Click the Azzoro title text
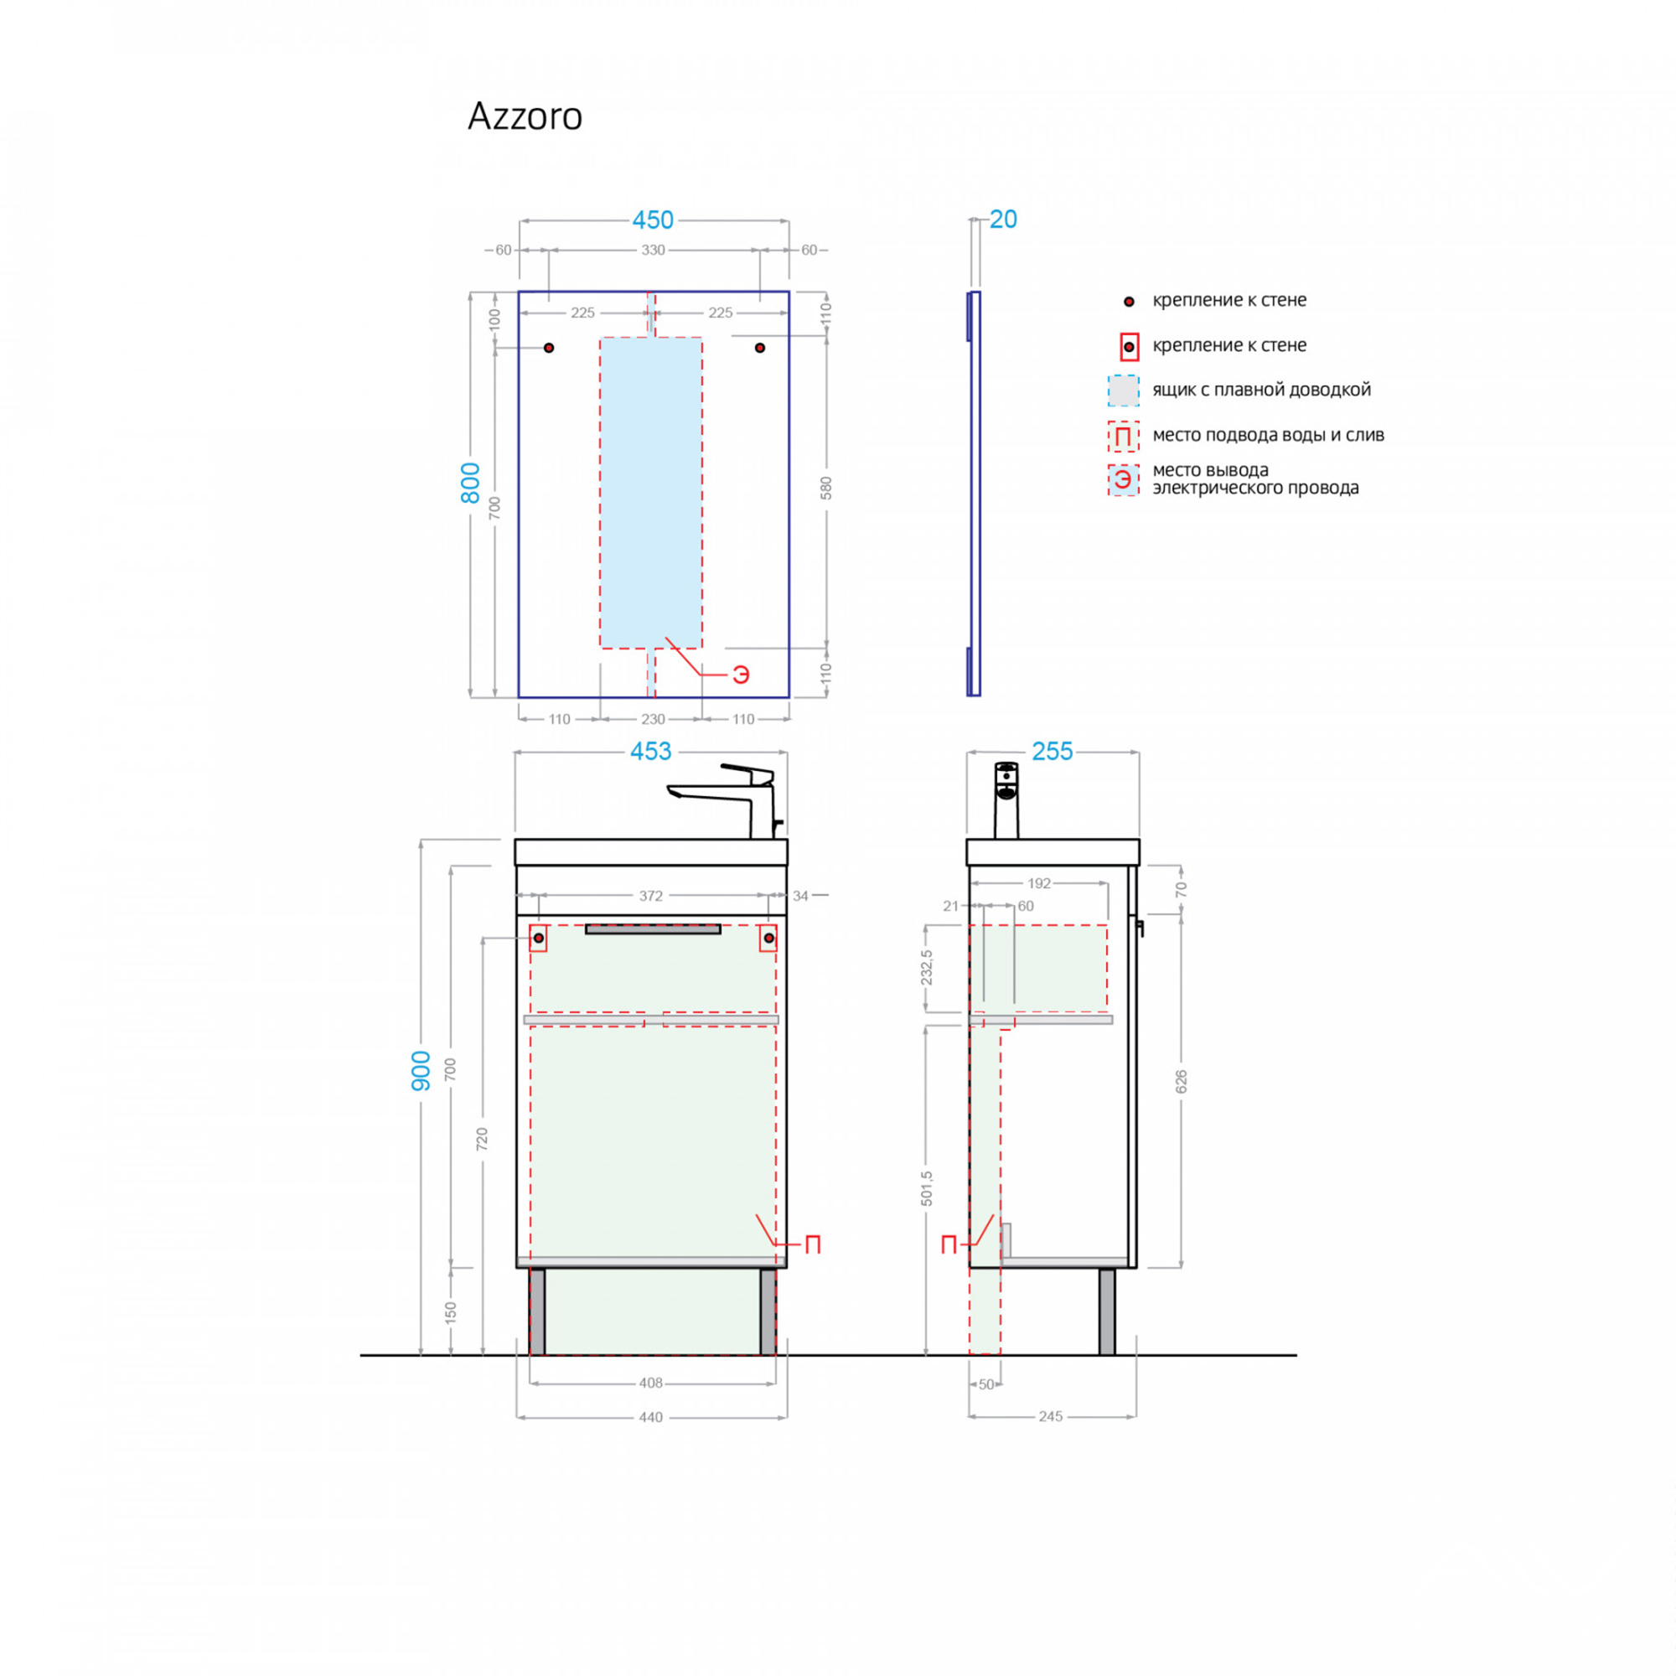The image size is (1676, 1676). coord(525,116)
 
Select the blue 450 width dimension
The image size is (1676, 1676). coord(652,220)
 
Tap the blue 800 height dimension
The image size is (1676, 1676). coord(470,484)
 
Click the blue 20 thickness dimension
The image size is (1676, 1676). coord(1003,220)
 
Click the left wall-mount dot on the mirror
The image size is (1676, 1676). coord(548,348)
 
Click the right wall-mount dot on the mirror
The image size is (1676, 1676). coord(760,348)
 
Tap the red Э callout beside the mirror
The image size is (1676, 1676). coord(740,675)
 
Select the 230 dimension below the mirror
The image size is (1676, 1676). coord(652,719)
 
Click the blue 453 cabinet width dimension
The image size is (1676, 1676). coord(650,751)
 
